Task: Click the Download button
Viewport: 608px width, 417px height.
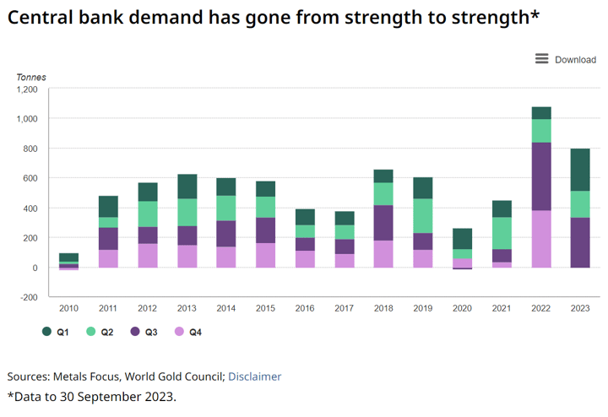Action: click(x=575, y=59)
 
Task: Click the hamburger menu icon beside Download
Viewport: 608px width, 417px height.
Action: click(x=542, y=59)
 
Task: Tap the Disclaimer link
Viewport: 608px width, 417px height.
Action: click(x=254, y=376)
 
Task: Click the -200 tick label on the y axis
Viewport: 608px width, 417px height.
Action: click(x=28, y=298)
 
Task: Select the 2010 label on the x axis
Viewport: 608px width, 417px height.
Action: click(x=69, y=309)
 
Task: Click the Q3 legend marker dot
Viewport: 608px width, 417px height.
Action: click(x=134, y=333)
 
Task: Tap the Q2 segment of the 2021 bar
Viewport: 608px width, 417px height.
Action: click(x=502, y=233)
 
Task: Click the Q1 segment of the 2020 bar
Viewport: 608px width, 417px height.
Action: click(x=462, y=238)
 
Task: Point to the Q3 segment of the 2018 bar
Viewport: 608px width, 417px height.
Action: click(x=383, y=223)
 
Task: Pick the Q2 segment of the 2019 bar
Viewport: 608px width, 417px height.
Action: click(x=423, y=215)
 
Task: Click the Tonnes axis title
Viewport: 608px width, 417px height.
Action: click(x=31, y=77)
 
